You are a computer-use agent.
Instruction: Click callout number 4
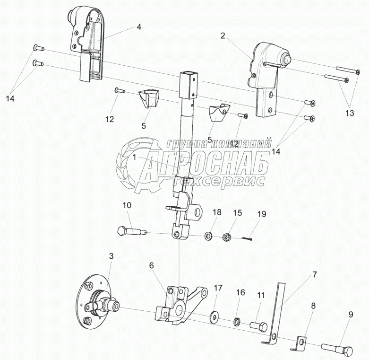[138, 27]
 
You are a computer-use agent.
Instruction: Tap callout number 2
[223, 35]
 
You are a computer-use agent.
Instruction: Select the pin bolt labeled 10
[131, 231]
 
